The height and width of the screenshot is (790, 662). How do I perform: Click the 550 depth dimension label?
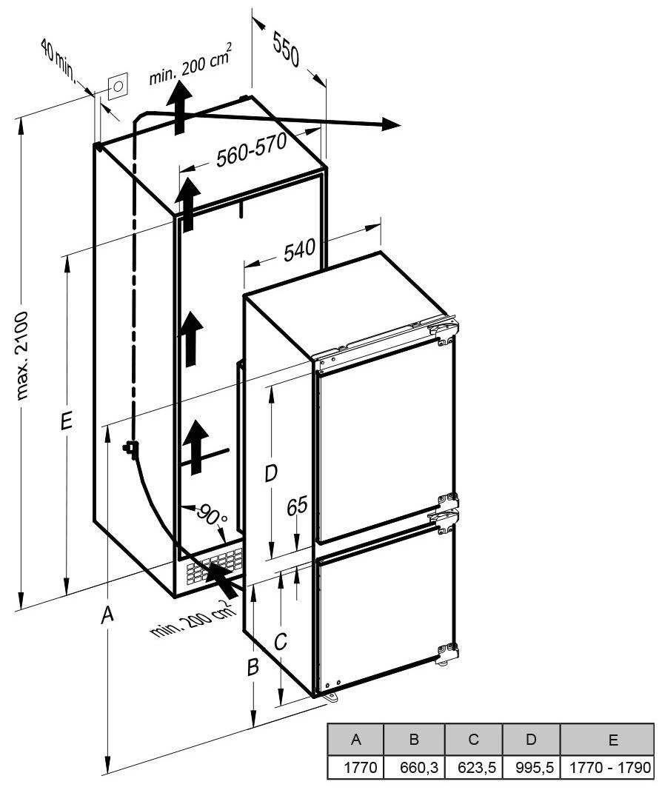[286, 48]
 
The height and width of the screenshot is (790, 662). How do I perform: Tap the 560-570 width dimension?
[252, 150]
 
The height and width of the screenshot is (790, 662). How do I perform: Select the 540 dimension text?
[299, 250]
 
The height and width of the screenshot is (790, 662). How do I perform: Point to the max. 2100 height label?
[23, 355]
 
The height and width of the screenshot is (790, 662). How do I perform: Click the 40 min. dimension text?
[58, 61]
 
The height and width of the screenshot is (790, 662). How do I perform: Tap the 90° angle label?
[211, 515]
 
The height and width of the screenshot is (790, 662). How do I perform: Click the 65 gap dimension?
[297, 506]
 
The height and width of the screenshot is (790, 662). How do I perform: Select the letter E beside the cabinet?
[66, 421]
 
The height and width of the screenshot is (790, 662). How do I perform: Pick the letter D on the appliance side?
[271, 474]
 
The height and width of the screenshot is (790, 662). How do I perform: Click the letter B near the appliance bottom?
[253, 667]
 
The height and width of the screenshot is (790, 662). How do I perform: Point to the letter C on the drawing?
[280, 641]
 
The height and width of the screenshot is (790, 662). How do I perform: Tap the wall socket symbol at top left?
[118, 86]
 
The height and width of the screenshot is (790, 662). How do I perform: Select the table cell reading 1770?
[360, 767]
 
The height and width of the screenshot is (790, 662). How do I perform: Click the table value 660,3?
[418, 767]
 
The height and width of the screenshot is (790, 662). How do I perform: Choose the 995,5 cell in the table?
[535, 767]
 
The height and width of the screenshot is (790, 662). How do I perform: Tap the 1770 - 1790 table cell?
[609, 767]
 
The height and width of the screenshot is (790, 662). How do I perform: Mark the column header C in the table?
[473, 740]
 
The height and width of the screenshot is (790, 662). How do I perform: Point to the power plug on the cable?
[130, 448]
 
